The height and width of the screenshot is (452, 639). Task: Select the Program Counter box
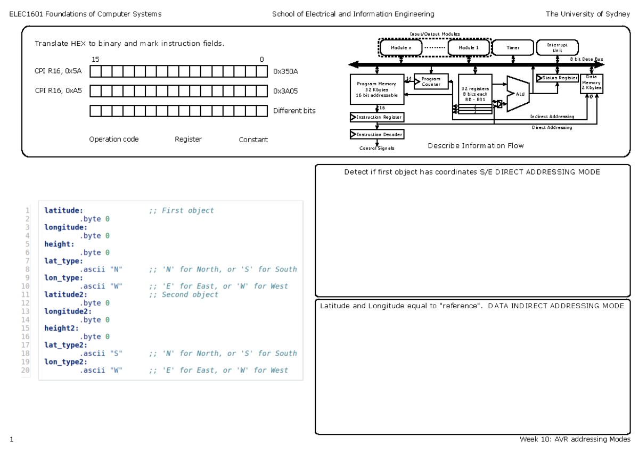click(431, 81)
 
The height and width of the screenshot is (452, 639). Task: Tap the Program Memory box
click(376, 89)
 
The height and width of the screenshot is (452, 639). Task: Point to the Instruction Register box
click(376, 117)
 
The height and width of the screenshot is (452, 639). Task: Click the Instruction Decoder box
click(376, 134)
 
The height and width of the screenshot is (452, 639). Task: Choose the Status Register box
click(557, 78)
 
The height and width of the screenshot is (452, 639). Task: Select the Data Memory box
click(591, 84)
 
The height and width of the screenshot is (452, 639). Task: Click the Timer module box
click(512, 47)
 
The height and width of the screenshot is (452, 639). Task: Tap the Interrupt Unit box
click(557, 47)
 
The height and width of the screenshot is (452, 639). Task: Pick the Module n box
click(401, 47)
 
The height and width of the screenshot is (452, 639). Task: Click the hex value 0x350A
click(285, 71)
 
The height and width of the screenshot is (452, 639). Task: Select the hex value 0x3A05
click(285, 91)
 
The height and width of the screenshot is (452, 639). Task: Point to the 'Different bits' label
click(294, 111)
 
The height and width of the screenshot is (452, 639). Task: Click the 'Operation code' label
click(113, 139)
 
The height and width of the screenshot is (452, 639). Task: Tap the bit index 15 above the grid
click(95, 60)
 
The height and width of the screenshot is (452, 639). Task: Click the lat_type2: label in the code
click(63, 345)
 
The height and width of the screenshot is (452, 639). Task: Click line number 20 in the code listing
click(26, 370)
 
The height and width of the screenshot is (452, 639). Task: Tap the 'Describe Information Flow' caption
click(476, 146)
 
